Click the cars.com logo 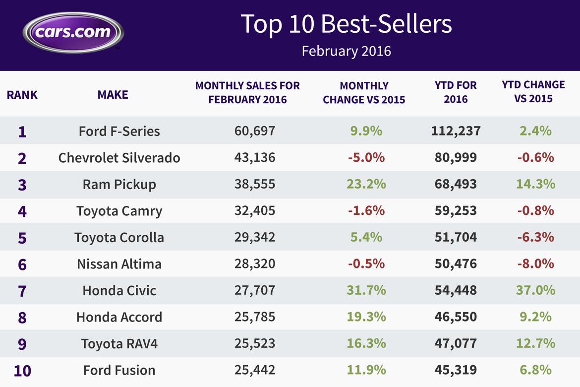(73, 32)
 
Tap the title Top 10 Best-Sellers (346, 24)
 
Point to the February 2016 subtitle (346, 51)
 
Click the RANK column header (22, 94)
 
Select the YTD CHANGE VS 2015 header (533, 92)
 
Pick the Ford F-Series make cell (119, 131)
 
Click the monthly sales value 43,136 (254, 158)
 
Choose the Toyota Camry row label (119, 211)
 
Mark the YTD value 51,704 (456, 237)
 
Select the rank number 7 (22, 291)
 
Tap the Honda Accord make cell (119, 317)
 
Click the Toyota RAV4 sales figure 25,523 (254, 343)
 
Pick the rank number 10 (22, 370)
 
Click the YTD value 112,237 (456, 131)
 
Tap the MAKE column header (113, 94)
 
